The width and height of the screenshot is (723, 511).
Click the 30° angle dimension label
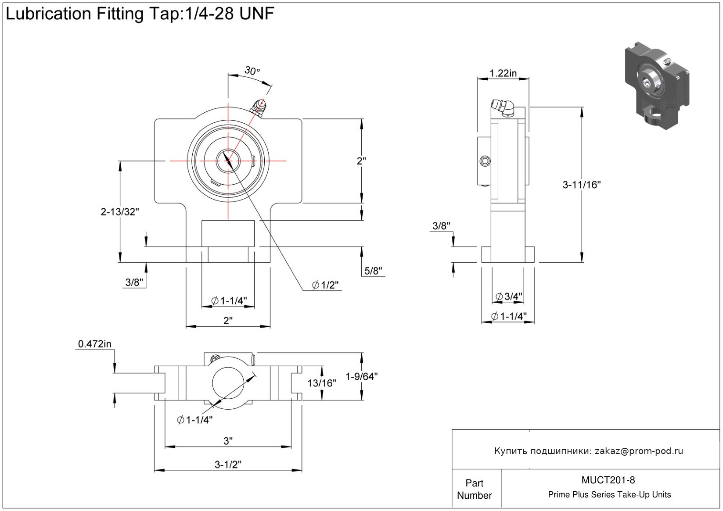tap(252, 71)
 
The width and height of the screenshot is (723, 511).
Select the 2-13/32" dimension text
tap(120, 212)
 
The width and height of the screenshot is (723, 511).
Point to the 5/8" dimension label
tap(374, 271)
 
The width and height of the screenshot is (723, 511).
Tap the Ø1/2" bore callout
tap(325, 286)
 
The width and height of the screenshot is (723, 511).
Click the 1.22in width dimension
tap(503, 73)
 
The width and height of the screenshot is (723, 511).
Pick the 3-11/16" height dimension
tap(582, 185)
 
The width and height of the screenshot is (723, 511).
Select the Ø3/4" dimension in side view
tap(509, 297)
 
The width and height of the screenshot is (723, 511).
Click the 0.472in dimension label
tap(95, 344)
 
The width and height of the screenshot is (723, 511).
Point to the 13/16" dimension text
tap(322, 383)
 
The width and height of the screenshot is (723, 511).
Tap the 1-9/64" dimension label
tap(362, 377)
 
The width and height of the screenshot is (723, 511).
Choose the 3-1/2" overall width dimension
tap(228, 465)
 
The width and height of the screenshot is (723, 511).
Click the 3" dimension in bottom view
tap(228, 441)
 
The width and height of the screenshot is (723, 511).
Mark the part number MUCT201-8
tap(608, 480)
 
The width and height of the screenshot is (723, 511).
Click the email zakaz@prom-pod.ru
tap(639, 451)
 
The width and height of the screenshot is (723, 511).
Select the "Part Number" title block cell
tap(475, 489)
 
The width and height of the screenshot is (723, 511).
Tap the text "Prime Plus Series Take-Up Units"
tap(609, 495)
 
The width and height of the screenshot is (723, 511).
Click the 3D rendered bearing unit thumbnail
tap(656, 86)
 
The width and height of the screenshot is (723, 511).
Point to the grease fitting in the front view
tap(258, 107)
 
